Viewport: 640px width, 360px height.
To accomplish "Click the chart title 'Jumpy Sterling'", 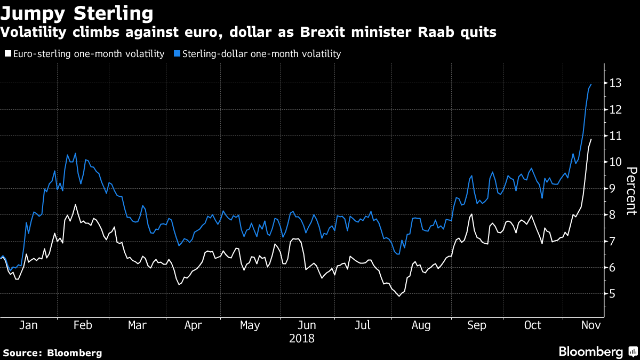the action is tap(77, 14).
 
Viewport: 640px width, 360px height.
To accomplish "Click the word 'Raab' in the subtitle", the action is tap(436, 32).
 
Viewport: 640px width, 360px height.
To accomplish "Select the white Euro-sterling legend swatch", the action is tap(8, 53).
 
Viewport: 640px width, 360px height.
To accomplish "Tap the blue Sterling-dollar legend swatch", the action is tap(177, 53).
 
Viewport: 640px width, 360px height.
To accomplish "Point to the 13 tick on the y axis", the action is tap(615, 83).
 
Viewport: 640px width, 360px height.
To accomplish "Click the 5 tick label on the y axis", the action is tap(612, 294).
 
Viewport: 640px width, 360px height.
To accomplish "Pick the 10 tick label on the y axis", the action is tap(615, 162).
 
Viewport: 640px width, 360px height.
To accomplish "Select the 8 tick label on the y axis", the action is tap(612, 214).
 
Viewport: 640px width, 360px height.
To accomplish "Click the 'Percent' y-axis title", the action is tap(631, 191).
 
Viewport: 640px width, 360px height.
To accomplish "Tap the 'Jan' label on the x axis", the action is tap(28, 325).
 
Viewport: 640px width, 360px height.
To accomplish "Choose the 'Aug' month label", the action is tap(421, 326).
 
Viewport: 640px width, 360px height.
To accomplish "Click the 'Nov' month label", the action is tap(591, 325).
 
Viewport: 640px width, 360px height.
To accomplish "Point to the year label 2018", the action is tap(302, 339).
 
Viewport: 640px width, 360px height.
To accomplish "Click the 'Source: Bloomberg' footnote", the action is tap(52, 353).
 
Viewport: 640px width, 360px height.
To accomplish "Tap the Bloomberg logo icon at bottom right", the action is tap(633, 351).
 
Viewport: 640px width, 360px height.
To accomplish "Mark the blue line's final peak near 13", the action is tap(591, 84).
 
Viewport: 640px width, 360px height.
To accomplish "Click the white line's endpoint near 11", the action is tap(591, 139).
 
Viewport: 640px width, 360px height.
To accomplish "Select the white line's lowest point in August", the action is tap(399, 297).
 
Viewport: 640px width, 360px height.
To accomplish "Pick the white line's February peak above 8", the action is tap(75, 205).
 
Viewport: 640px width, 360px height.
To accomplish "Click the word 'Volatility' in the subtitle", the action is tap(34, 33).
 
